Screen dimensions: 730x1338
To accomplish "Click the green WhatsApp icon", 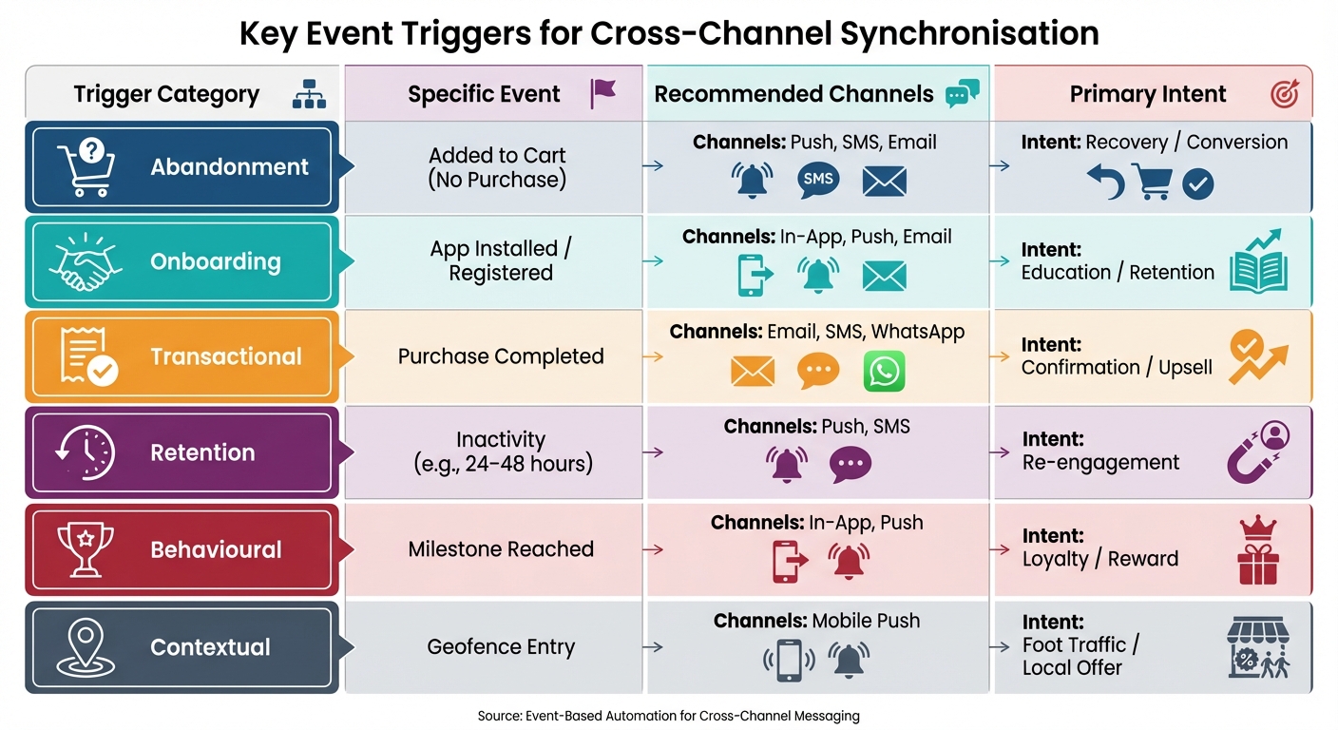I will coord(884,372).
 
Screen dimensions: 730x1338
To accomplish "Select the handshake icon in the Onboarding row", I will coord(86,262).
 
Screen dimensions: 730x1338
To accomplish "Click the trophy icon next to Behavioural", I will coord(86,548).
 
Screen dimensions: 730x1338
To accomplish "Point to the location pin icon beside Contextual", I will coord(86,646).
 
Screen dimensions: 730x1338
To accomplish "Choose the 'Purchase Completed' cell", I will coord(501,356).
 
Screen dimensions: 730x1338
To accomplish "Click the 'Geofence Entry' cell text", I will coord(501,647).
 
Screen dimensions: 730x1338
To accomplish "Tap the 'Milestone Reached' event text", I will coord(501,549).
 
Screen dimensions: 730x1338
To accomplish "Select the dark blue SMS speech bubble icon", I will coord(818,180).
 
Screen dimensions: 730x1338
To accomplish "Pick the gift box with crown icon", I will coord(1257,551).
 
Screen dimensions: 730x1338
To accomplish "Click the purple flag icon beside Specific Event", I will coord(603,93).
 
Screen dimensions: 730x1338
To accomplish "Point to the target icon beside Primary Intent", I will coord(1284,94).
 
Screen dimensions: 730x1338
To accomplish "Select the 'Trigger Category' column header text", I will coord(166,95).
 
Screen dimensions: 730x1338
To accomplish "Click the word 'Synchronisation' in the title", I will coord(970,33).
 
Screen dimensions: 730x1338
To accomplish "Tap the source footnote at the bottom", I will coord(668,716).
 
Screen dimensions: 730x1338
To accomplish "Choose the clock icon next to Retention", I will coord(86,452).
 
